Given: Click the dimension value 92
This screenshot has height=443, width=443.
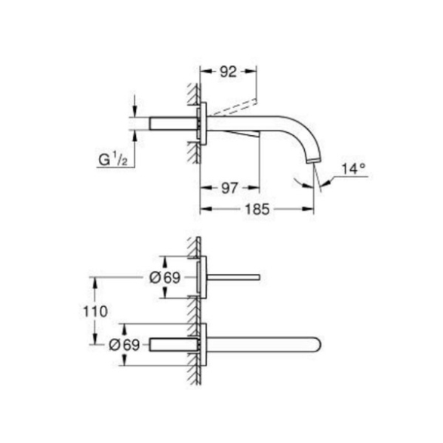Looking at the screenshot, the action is pyautogui.click(x=228, y=72).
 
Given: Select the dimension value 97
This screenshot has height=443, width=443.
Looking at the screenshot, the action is pyautogui.click(x=229, y=188).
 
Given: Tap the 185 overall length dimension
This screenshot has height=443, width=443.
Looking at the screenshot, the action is pyautogui.click(x=257, y=209).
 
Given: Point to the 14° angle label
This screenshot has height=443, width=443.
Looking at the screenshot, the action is pyautogui.click(x=353, y=169).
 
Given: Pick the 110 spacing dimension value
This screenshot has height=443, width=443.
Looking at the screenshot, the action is pyautogui.click(x=95, y=312).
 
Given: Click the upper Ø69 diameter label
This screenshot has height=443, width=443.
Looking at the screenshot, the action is pyautogui.click(x=165, y=278).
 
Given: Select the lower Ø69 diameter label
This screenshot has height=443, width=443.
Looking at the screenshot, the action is pyautogui.click(x=125, y=345).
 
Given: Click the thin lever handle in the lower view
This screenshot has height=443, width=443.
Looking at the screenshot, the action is pyautogui.click(x=233, y=278).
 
